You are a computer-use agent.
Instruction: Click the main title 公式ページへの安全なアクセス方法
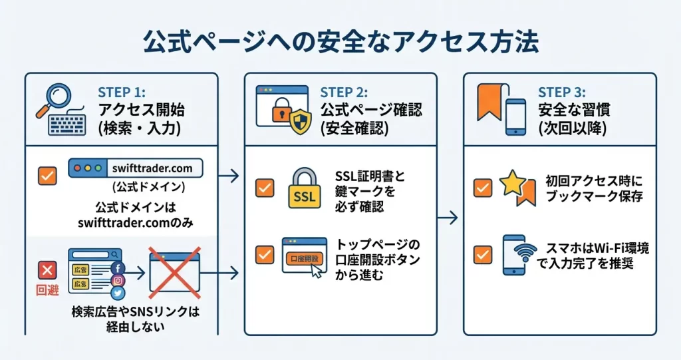coord(340,41)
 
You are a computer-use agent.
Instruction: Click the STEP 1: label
coord(122,92)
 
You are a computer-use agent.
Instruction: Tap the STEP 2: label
coord(343,92)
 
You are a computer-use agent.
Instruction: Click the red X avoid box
coord(47,270)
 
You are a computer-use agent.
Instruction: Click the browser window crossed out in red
coord(174,272)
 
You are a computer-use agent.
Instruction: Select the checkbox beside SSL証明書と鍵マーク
coord(265,188)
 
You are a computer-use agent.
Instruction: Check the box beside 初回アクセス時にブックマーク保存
coord(482,188)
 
